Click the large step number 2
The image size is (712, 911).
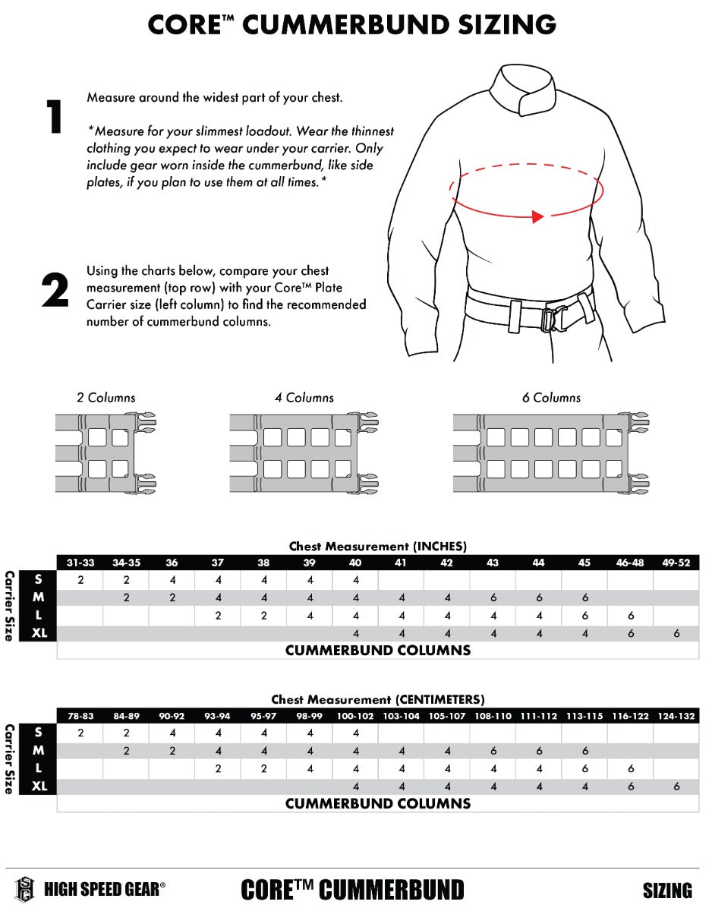point(55,291)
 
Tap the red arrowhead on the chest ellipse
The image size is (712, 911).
point(537,217)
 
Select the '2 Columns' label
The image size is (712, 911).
point(106,398)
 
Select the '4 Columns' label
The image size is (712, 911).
point(304,398)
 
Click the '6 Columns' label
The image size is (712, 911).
point(551,398)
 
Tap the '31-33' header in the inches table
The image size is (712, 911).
point(80,563)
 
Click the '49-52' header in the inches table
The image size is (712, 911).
point(676,563)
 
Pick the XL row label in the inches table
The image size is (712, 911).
point(39,634)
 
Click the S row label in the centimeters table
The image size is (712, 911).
point(39,733)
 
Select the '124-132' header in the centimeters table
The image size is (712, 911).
point(676,716)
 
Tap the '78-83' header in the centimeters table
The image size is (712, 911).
point(80,716)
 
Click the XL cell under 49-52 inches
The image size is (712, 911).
point(676,634)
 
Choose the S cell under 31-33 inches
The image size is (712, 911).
point(80,580)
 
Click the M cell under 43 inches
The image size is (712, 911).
point(493,597)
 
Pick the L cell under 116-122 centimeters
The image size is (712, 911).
point(631,769)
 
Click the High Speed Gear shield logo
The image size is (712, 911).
point(24,889)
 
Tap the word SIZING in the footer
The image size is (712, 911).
point(666,891)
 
